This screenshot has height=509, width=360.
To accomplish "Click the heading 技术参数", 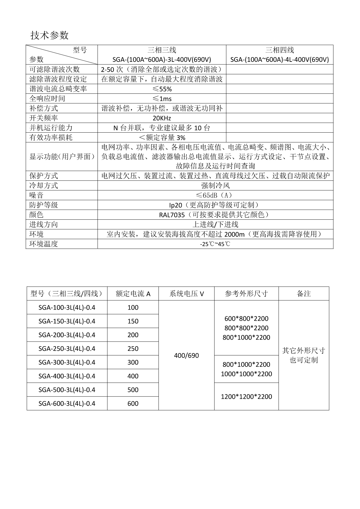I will (x=50, y=35).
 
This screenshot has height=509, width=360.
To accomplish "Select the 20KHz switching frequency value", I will (x=162, y=118).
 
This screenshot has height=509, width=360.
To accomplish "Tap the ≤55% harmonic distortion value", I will (x=162, y=89).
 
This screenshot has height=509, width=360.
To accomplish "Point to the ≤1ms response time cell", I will (x=162, y=99).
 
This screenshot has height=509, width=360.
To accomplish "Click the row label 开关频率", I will (x=44, y=118).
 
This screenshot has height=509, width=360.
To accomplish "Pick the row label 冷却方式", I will (x=44, y=185).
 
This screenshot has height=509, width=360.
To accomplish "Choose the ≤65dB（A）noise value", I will (x=215, y=195).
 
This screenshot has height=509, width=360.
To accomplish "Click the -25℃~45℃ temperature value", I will (x=215, y=244).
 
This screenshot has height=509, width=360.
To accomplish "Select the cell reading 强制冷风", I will (x=215, y=185).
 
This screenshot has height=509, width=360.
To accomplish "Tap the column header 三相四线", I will (x=280, y=50).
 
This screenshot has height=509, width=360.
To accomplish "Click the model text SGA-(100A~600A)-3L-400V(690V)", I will (x=162, y=60).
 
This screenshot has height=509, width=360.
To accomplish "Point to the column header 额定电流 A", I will (x=133, y=294).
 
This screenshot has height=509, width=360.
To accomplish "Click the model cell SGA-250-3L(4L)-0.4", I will (x=67, y=349).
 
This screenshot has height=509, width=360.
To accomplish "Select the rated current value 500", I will (x=133, y=390).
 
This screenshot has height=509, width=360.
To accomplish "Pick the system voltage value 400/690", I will (x=186, y=355).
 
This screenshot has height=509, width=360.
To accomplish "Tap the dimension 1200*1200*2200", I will (x=246, y=397).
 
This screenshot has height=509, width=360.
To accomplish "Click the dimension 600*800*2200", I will (x=246, y=319).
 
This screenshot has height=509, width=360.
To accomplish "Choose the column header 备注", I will (x=304, y=294).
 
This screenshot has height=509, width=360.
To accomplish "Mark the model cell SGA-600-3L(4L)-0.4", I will (x=67, y=403).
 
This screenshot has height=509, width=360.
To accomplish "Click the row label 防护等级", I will (x=44, y=205).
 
